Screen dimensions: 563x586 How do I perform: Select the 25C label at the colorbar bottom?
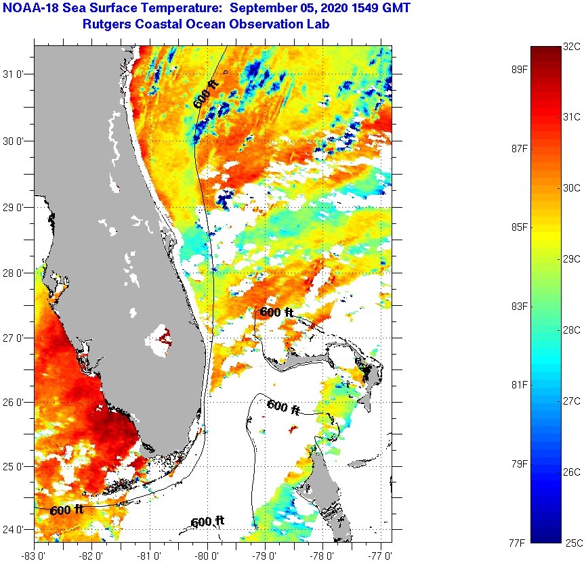point(572,542)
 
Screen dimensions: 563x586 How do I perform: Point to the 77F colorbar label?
point(518,542)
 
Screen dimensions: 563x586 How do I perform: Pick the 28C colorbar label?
point(572,330)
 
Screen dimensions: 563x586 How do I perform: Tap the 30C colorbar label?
point(572,187)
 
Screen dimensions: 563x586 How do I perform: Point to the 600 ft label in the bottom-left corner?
point(66,510)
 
